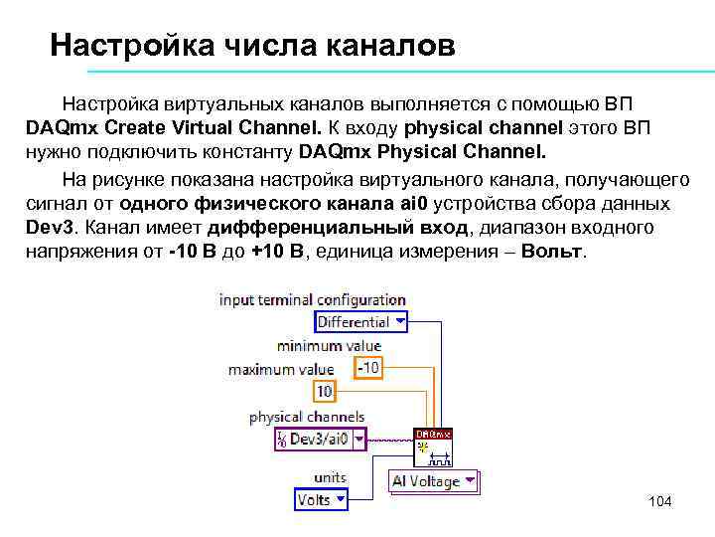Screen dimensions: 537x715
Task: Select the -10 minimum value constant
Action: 368,368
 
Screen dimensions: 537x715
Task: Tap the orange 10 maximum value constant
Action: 325,391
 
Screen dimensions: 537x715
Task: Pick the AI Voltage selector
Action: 432,481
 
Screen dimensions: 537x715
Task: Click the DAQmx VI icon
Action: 433,448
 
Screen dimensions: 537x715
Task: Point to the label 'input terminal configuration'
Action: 312,299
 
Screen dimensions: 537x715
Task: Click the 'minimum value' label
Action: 329,346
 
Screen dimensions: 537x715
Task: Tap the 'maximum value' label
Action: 268,369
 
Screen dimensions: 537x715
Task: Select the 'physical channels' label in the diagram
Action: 307,417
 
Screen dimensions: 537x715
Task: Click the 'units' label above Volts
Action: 330,478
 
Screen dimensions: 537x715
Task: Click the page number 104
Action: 659,501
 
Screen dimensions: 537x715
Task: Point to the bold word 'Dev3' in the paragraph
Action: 47,228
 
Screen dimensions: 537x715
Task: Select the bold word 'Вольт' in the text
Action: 552,252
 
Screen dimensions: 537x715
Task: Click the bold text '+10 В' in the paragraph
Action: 280,252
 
